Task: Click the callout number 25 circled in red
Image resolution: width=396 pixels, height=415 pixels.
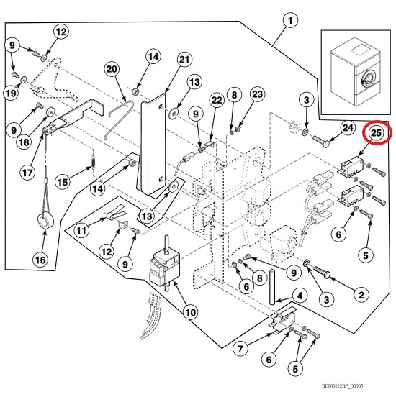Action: point(376,132)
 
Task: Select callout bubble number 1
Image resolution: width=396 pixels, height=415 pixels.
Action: point(290,20)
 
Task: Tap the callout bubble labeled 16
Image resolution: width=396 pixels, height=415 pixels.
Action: point(40,260)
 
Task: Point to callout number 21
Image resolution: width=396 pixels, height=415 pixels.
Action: point(184,60)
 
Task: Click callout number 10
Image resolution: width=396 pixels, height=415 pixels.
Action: point(191,312)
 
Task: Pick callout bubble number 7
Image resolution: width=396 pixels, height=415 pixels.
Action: point(240,349)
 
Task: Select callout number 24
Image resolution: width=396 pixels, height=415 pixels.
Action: point(348,128)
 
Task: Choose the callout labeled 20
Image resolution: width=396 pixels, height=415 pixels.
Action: point(112,69)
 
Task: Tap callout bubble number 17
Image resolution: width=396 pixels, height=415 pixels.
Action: point(27,173)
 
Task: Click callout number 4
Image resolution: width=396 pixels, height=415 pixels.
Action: point(300,296)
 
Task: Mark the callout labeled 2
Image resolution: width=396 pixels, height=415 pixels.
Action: point(361,295)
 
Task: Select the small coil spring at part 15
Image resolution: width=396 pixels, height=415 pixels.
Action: point(93,162)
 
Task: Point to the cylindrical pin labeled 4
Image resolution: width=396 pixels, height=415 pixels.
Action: point(272,287)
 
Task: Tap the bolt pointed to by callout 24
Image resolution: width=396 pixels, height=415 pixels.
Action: point(321,140)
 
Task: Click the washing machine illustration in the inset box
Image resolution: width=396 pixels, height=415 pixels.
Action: point(356,73)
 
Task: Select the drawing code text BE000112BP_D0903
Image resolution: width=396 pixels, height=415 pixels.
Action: point(342,386)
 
